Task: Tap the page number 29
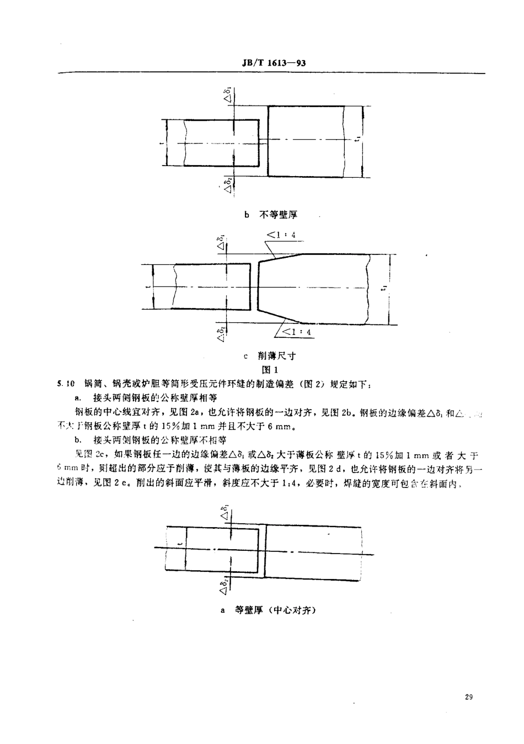point(469,698)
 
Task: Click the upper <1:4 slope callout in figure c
point(281,235)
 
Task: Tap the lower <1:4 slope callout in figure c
point(297,332)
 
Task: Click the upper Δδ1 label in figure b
point(227,94)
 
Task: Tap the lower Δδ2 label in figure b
point(227,183)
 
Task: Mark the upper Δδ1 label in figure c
point(221,243)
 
